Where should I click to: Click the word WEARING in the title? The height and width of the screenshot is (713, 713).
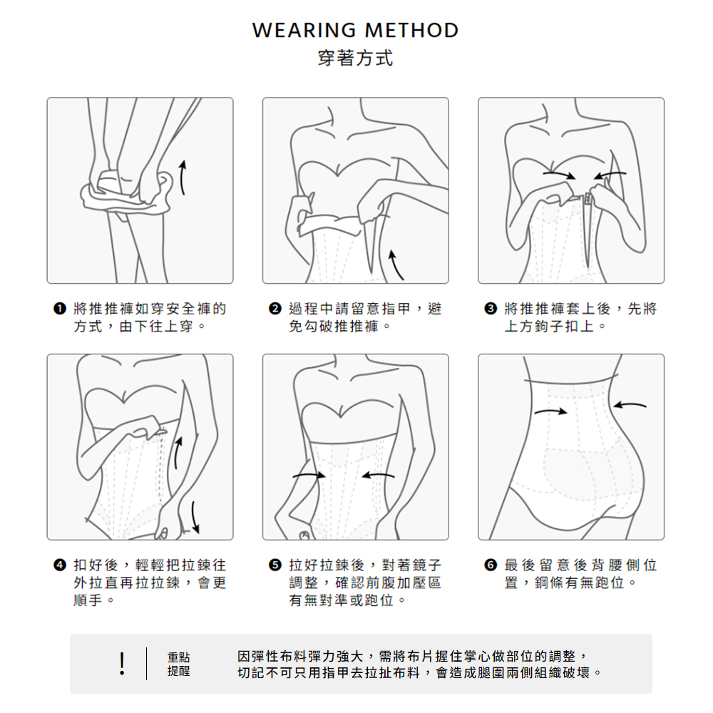tap(304, 31)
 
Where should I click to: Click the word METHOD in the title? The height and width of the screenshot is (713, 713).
tap(412, 31)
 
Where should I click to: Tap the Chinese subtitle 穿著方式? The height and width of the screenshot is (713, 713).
tap(356, 58)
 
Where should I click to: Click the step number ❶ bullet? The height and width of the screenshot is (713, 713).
tap(60, 309)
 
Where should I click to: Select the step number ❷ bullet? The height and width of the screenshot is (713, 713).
tap(275, 309)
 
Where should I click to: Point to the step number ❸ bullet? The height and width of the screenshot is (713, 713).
tap(491, 309)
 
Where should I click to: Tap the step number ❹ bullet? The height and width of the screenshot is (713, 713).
tap(60, 565)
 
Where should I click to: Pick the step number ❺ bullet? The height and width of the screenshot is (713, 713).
tap(275, 565)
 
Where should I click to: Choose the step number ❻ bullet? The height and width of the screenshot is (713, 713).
tap(491, 565)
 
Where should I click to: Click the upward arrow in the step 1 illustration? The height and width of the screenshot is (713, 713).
tap(182, 178)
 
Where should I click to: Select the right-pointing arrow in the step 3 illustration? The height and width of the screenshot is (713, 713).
tap(559, 175)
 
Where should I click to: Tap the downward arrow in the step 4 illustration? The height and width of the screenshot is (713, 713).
tap(195, 517)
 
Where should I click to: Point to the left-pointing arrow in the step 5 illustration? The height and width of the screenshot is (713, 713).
tap(379, 476)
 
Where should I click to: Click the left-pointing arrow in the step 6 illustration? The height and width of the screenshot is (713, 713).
tap(630, 405)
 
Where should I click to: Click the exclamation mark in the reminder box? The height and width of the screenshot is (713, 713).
tap(121, 663)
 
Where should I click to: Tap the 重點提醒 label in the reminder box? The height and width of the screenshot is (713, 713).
tap(178, 664)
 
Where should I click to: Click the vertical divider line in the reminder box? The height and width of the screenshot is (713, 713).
tap(146, 664)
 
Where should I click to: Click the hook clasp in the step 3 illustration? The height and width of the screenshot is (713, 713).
tap(588, 199)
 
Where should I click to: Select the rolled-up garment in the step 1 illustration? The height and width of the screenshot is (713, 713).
tap(128, 193)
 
